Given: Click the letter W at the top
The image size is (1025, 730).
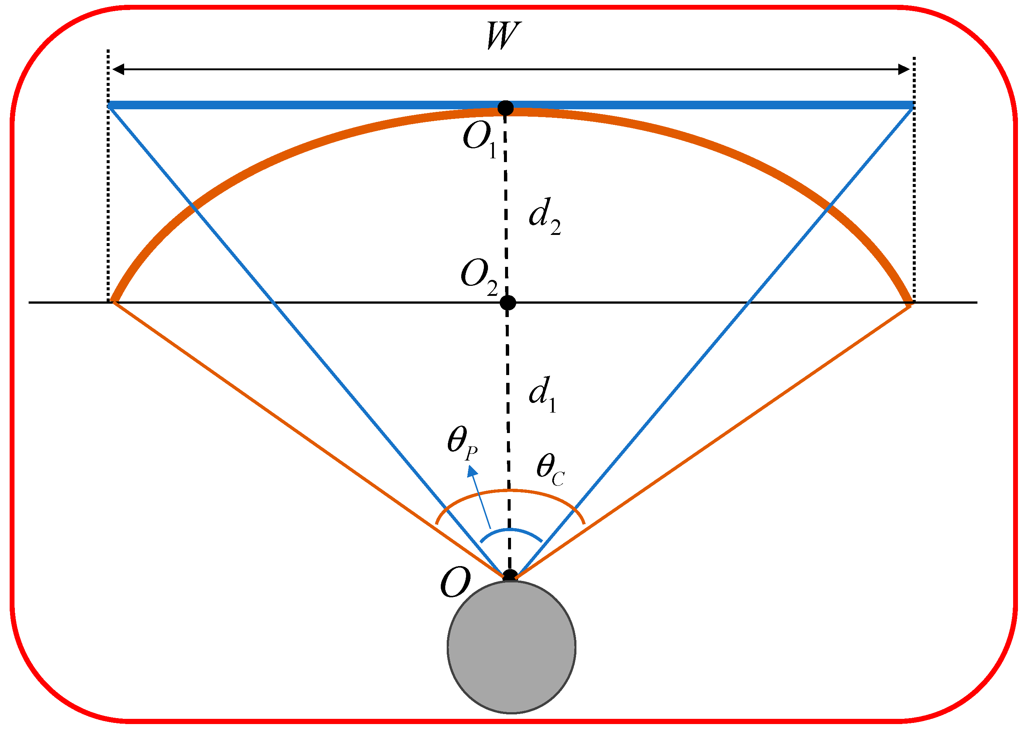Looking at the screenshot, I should tap(504, 36).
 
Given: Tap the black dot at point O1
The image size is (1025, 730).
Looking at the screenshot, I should tap(505, 108).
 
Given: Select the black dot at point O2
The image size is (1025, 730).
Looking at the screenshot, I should tap(508, 303).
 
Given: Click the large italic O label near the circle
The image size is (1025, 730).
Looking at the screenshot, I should tap(455, 582).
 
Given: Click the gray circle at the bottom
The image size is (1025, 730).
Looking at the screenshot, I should tap(511, 647).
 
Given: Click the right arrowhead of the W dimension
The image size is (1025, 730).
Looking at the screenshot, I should tap(903, 69).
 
